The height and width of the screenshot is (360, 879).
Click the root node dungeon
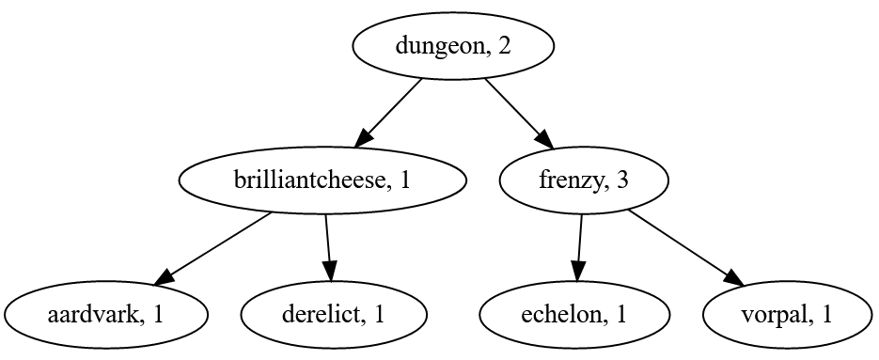point(452,45)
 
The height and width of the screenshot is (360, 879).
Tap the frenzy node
point(583,180)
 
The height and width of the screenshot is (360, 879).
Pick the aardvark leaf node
point(105,314)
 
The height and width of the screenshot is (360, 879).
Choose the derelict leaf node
point(333,314)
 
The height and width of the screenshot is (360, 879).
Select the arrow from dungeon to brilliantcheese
point(388,113)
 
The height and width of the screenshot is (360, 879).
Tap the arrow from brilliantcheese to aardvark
point(213,247)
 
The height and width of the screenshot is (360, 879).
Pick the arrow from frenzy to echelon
point(578,246)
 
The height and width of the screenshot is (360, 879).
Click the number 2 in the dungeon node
point(505,46)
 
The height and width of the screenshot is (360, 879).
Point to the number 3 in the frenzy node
point(621,180)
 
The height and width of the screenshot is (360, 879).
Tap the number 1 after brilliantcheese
point(404,180)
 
